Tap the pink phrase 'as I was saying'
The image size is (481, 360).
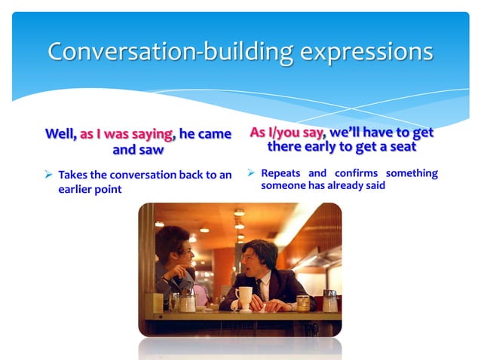127,134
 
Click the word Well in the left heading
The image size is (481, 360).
60,134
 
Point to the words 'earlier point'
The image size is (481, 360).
90,189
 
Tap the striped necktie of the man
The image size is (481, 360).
259,287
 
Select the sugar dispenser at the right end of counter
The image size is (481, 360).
329,301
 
